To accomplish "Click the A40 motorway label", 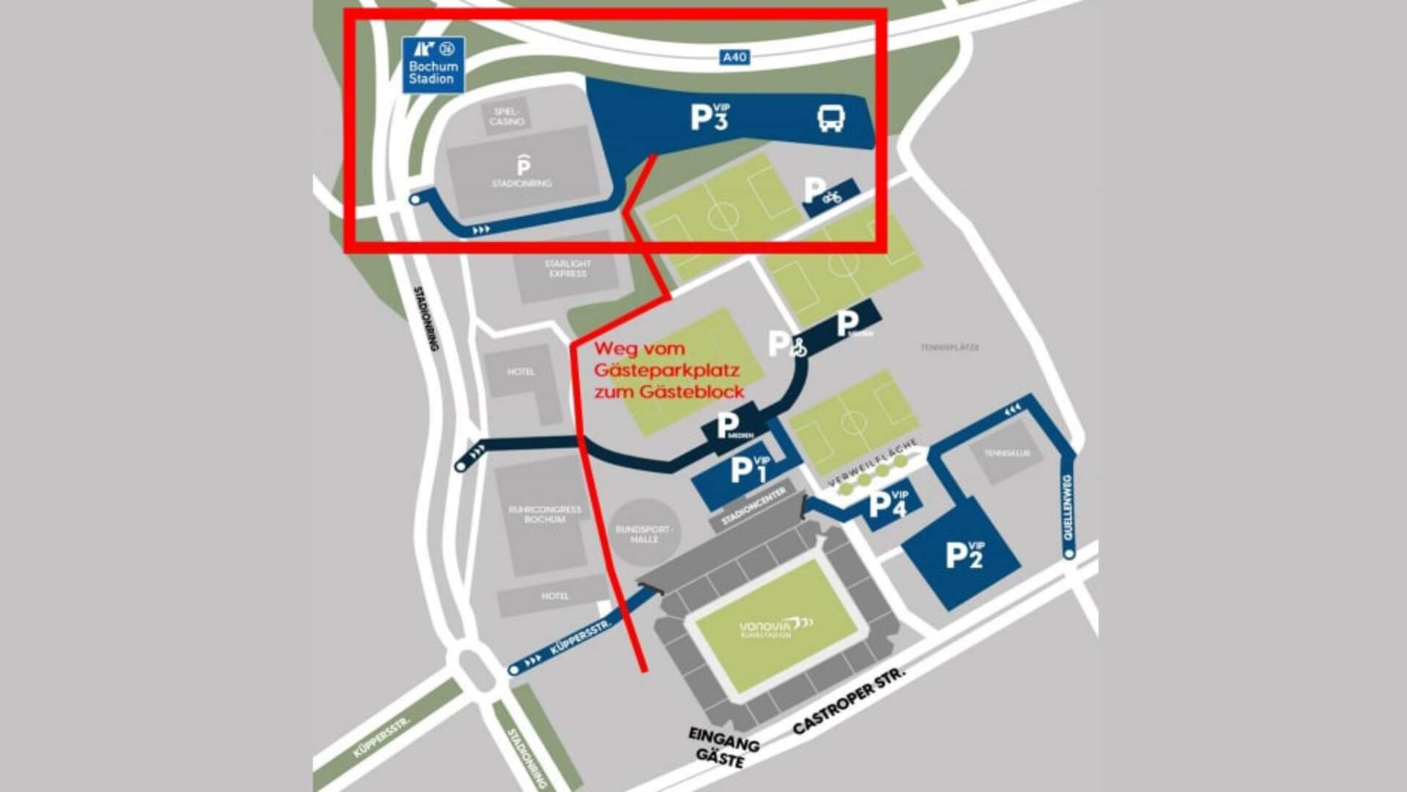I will coord(734,57).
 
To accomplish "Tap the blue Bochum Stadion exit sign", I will coord(433,65).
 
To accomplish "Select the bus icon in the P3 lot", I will coord(831,117).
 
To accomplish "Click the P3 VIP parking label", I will coord(710,117).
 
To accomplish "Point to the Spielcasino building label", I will coord(507,117).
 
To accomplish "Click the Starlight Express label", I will coord(567,268).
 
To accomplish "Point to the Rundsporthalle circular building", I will coord(643,533).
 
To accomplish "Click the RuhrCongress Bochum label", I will coord(544,514).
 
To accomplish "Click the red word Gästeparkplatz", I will coord(666,370).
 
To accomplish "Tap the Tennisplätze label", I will coord(949,348).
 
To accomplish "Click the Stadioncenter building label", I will coord(753,506).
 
